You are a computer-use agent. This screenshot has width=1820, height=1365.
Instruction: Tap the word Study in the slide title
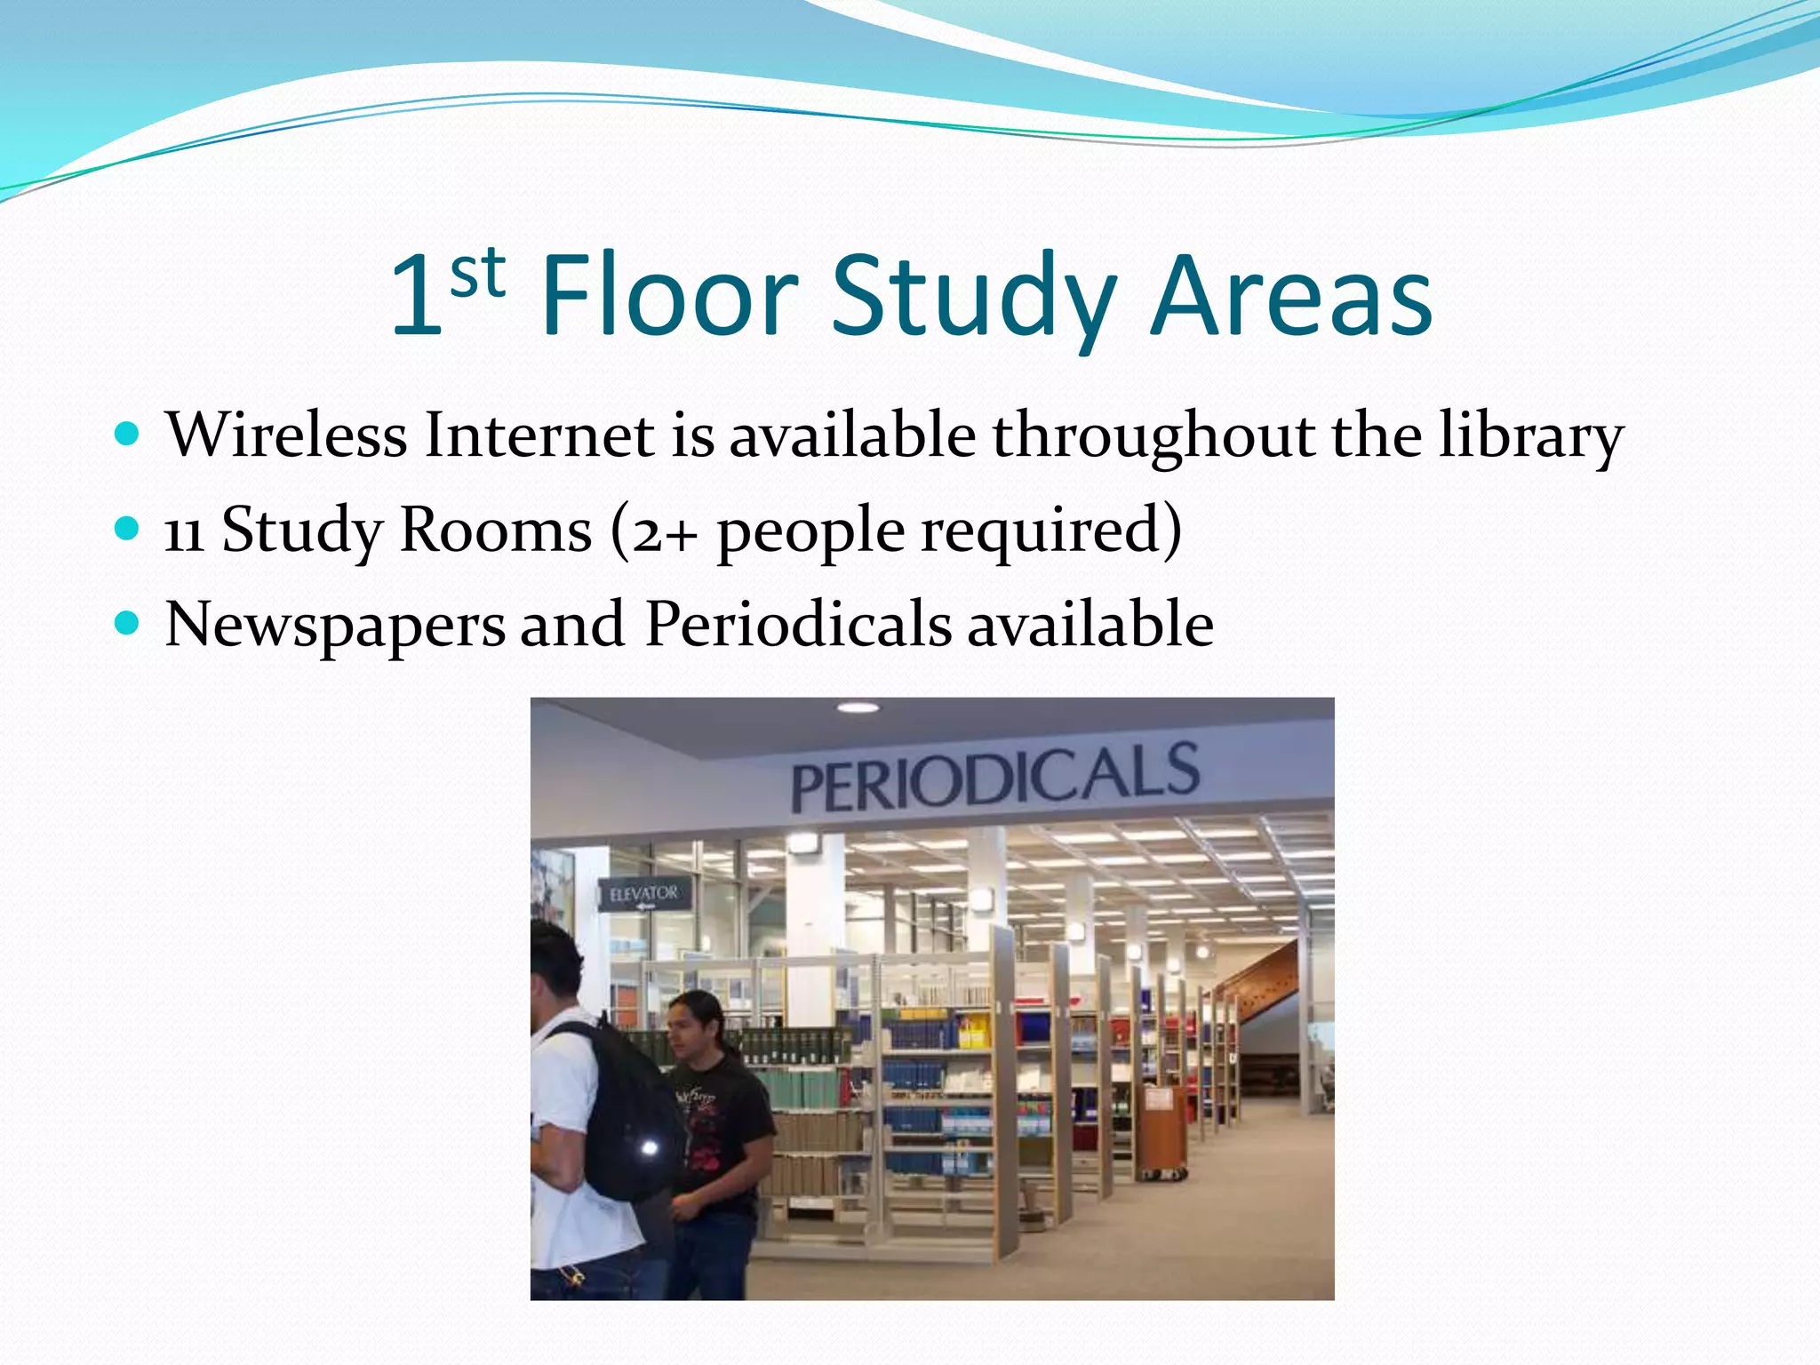973,298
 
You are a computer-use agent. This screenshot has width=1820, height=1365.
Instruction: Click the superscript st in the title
478,273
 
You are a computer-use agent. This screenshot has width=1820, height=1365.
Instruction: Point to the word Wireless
286,435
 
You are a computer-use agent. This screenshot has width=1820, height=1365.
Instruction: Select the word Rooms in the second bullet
495,531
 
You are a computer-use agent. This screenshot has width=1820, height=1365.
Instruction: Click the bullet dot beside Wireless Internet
128,435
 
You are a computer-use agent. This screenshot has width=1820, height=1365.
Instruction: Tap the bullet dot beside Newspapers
128,623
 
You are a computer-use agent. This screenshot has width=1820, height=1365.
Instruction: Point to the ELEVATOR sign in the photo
644,894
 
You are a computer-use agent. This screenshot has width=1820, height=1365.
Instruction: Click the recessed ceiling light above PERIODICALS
858,707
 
